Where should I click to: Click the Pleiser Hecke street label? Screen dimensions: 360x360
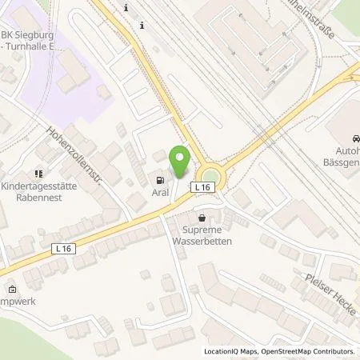pyautogui.click(x=327, y=292)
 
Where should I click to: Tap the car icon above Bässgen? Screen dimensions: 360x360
pyautogui.click(x=350, y=137)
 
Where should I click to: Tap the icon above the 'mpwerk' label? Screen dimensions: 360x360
pyautogui.click(x=11, y=290)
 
